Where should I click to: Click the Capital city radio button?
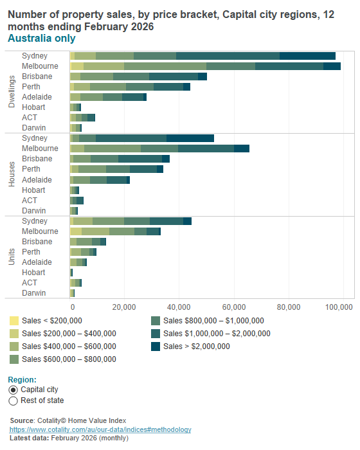click(14, 390)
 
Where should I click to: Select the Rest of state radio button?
click(14, 401)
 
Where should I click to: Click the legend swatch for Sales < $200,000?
click(14, 320)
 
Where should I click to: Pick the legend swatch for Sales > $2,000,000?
click(156, 346)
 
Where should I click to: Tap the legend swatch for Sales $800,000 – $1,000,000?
click(156, 320)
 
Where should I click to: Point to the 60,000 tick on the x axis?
click(233, 306)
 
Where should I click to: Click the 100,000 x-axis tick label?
click(341, 306)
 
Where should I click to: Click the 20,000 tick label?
click(124, 306)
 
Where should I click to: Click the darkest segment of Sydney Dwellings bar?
click(307, 56)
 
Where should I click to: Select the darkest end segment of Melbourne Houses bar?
click(241, 148)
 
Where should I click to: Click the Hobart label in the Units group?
click(33, 273)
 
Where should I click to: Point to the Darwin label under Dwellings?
click(33, 128)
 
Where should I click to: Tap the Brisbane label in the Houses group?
click(37, 159)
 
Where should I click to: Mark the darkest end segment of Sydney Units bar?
click(187, 221)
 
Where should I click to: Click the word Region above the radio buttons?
click(22, 379)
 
